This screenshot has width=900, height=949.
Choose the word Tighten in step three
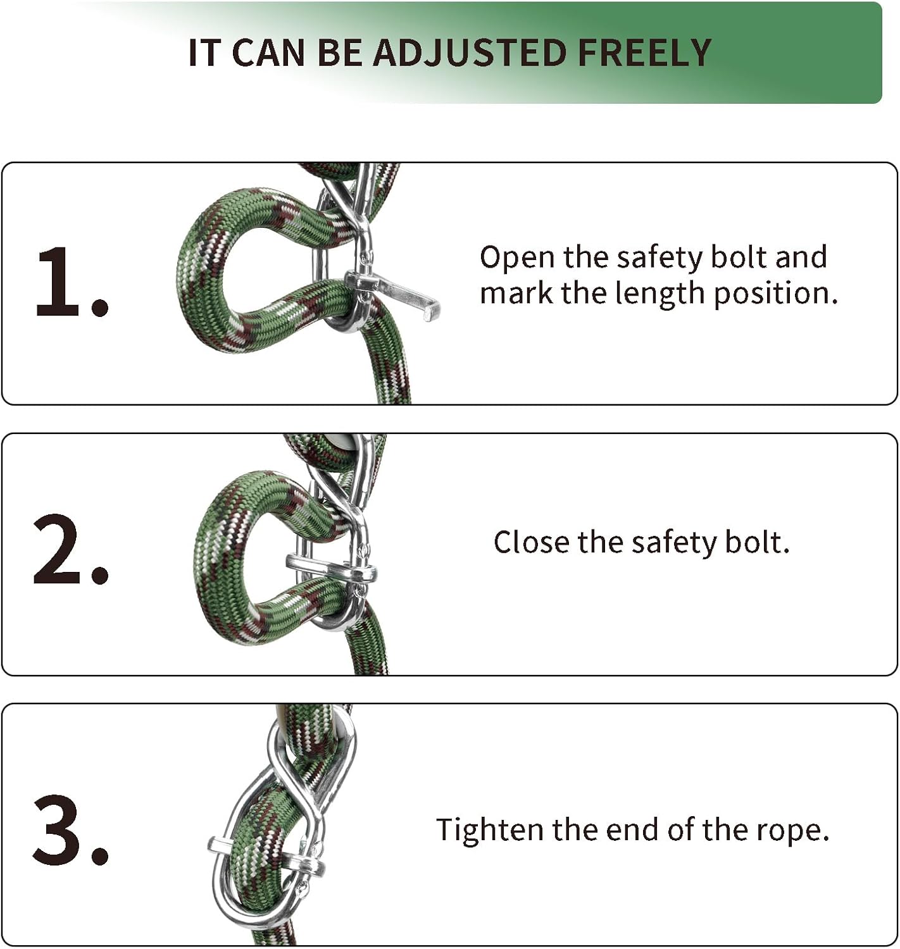pos(489,829)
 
